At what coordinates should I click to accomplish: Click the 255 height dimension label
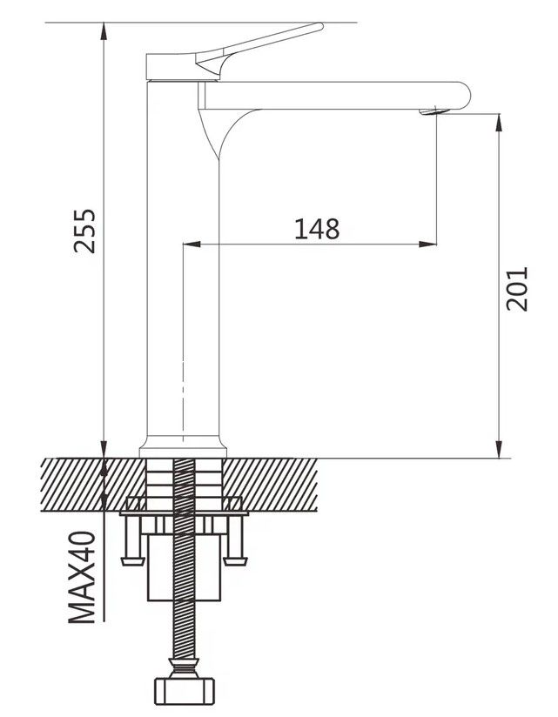click(84, 231)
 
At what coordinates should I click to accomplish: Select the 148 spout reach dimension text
click(317, 229)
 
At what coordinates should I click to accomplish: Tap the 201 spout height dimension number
click(517, 289)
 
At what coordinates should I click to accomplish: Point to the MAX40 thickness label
click(83, 577)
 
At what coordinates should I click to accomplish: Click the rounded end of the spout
click(464, 95)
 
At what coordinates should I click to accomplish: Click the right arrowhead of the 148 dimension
click(427, 245)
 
